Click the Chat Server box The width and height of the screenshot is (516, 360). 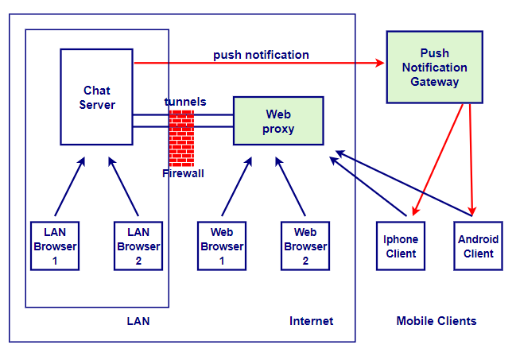point(97,97)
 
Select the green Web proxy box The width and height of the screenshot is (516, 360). point(278,121)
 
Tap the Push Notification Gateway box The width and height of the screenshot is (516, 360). point(434,68)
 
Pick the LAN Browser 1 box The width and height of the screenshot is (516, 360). point(55,246)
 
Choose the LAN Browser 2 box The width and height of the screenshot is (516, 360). point(138,246)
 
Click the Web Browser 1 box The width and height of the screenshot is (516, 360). point(222,246)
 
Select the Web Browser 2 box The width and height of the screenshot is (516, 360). point(305,246)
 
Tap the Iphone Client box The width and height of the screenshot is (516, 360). point(401,246)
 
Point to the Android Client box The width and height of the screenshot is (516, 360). point(478,246)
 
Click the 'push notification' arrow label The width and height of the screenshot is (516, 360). point(261,55)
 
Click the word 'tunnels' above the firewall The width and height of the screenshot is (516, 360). point(185,102)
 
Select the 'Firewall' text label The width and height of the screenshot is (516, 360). point(183,173)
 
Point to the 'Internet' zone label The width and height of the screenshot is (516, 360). point(311,321)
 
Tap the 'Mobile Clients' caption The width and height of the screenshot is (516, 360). point(436,321)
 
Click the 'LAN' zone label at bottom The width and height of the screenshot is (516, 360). point(138,321)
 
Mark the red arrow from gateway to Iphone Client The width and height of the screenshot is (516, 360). point(438,159)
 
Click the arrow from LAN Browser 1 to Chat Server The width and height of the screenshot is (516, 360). point(69,187)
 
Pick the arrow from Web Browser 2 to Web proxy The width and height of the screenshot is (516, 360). point(291,187)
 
